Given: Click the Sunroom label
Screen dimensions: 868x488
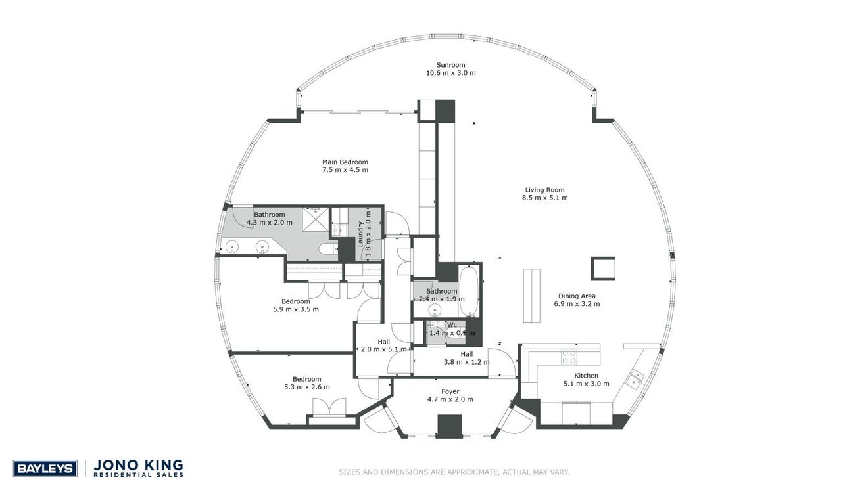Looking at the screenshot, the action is (x=450, y=65).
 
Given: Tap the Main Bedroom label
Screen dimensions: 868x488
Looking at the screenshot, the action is (x=345, y=162).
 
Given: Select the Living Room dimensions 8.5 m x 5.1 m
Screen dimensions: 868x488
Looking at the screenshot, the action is (x=545, y=198).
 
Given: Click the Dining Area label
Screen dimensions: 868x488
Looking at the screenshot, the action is (x=577, y=296).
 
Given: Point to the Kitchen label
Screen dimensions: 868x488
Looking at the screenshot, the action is (x=587, y=376).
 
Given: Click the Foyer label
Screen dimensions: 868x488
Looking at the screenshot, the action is (x=450, y=391).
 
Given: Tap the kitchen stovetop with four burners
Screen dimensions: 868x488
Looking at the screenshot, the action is (x=569, y=357).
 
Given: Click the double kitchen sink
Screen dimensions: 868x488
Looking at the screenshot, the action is (x=635, y=379).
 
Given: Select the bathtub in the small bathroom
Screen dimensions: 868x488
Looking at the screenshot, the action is (x=468, y=291).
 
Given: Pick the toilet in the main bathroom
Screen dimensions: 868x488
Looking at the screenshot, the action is (x=329, y=249).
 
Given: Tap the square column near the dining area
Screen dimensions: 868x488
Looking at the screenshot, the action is (x=603, y=269).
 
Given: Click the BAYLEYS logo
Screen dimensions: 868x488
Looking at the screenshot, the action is (x=45, y=468).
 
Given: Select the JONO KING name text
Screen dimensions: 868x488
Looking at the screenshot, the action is (x=138, y=465).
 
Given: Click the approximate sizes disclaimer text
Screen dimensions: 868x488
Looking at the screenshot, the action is (x=454, y=472).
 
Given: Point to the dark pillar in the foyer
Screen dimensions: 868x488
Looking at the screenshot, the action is (x=450, y=426).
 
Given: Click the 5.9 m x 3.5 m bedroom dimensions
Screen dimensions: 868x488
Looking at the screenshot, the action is (x=296, y=309).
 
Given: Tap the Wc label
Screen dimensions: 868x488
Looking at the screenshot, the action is (x=452, y=325).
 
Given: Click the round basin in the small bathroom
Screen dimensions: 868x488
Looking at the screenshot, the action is (x=435, y=309).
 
